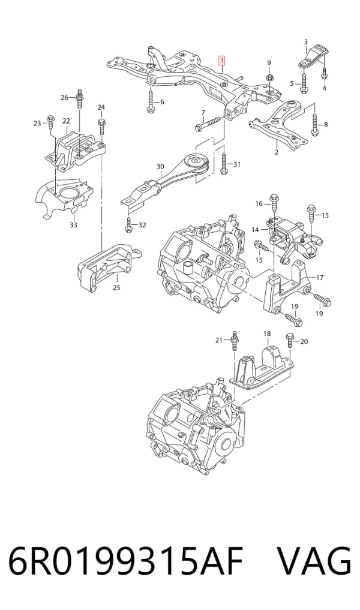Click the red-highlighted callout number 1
(x=221, y=61)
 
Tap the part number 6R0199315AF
(x=125, y=561)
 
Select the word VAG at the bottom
(x=314, y=561)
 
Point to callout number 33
(x=74, y=225)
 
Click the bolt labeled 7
(x=209, y=124)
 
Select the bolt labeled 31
(x=226, y=163)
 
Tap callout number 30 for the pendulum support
(x=160, y=167)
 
